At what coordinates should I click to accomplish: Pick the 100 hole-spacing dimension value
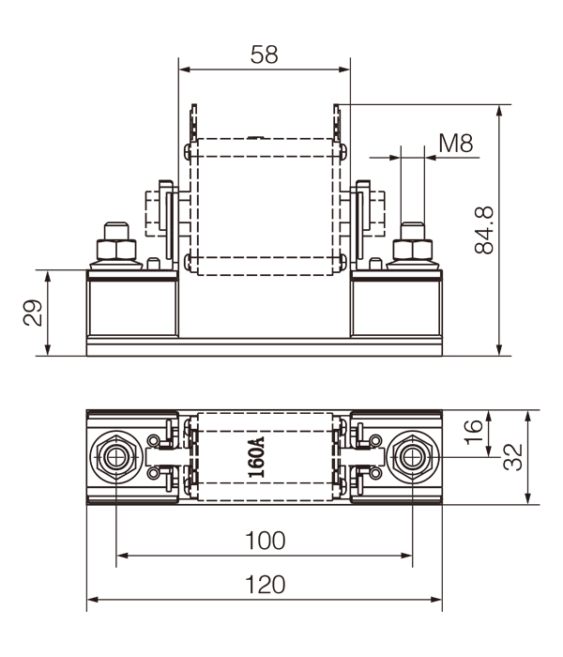click(x=264, y=541)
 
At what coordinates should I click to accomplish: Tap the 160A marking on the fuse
click(x=256, y=457)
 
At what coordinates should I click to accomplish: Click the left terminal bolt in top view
click(x=115, y=457)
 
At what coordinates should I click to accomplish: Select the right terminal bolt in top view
click(x=411, y=457)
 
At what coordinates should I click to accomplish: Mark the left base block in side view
click(x=131, y=306)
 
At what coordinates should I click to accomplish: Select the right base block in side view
click(x=395, y=306)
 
